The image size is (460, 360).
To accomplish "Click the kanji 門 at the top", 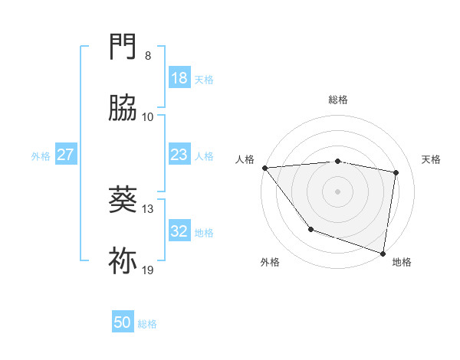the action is pyautogui.click(x=123, y=47).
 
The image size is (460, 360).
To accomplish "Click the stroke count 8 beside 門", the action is pyautogui.click(x=148, y=56).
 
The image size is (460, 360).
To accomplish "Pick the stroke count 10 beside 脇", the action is pyautogui.click(x=148, y=116).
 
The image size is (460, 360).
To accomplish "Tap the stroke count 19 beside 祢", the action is pyautogui.click(x=148, y=270).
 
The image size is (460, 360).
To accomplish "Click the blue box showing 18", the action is pyautogui.click(x=179, y=78).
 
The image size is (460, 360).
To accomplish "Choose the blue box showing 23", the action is pyautogui.click(x=179, y=155).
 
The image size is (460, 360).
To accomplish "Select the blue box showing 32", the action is pyautogui.click(x=179, y=231).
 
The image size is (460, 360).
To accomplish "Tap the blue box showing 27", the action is pyautogui.click(x=65, y=155).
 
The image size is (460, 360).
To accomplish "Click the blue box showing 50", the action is pyautogui.click(x=123, y=322).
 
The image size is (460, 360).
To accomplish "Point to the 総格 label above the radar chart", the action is pyautogui.click(x=337, y=100).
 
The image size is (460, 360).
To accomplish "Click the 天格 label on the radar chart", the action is pyautogui.click(x=431, y=159).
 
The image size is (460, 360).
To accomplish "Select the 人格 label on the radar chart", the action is pyautogui.click(x=245, y=159).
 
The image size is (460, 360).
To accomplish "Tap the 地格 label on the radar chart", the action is pyautogui.click(x=401, y=262).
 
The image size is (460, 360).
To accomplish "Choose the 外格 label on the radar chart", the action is pyautogui.click(x=270, y=262).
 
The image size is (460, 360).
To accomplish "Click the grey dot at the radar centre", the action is pyautogui.click(x=337, y=191).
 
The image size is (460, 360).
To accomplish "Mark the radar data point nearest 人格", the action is pyautogui.click(x=264, y=168).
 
